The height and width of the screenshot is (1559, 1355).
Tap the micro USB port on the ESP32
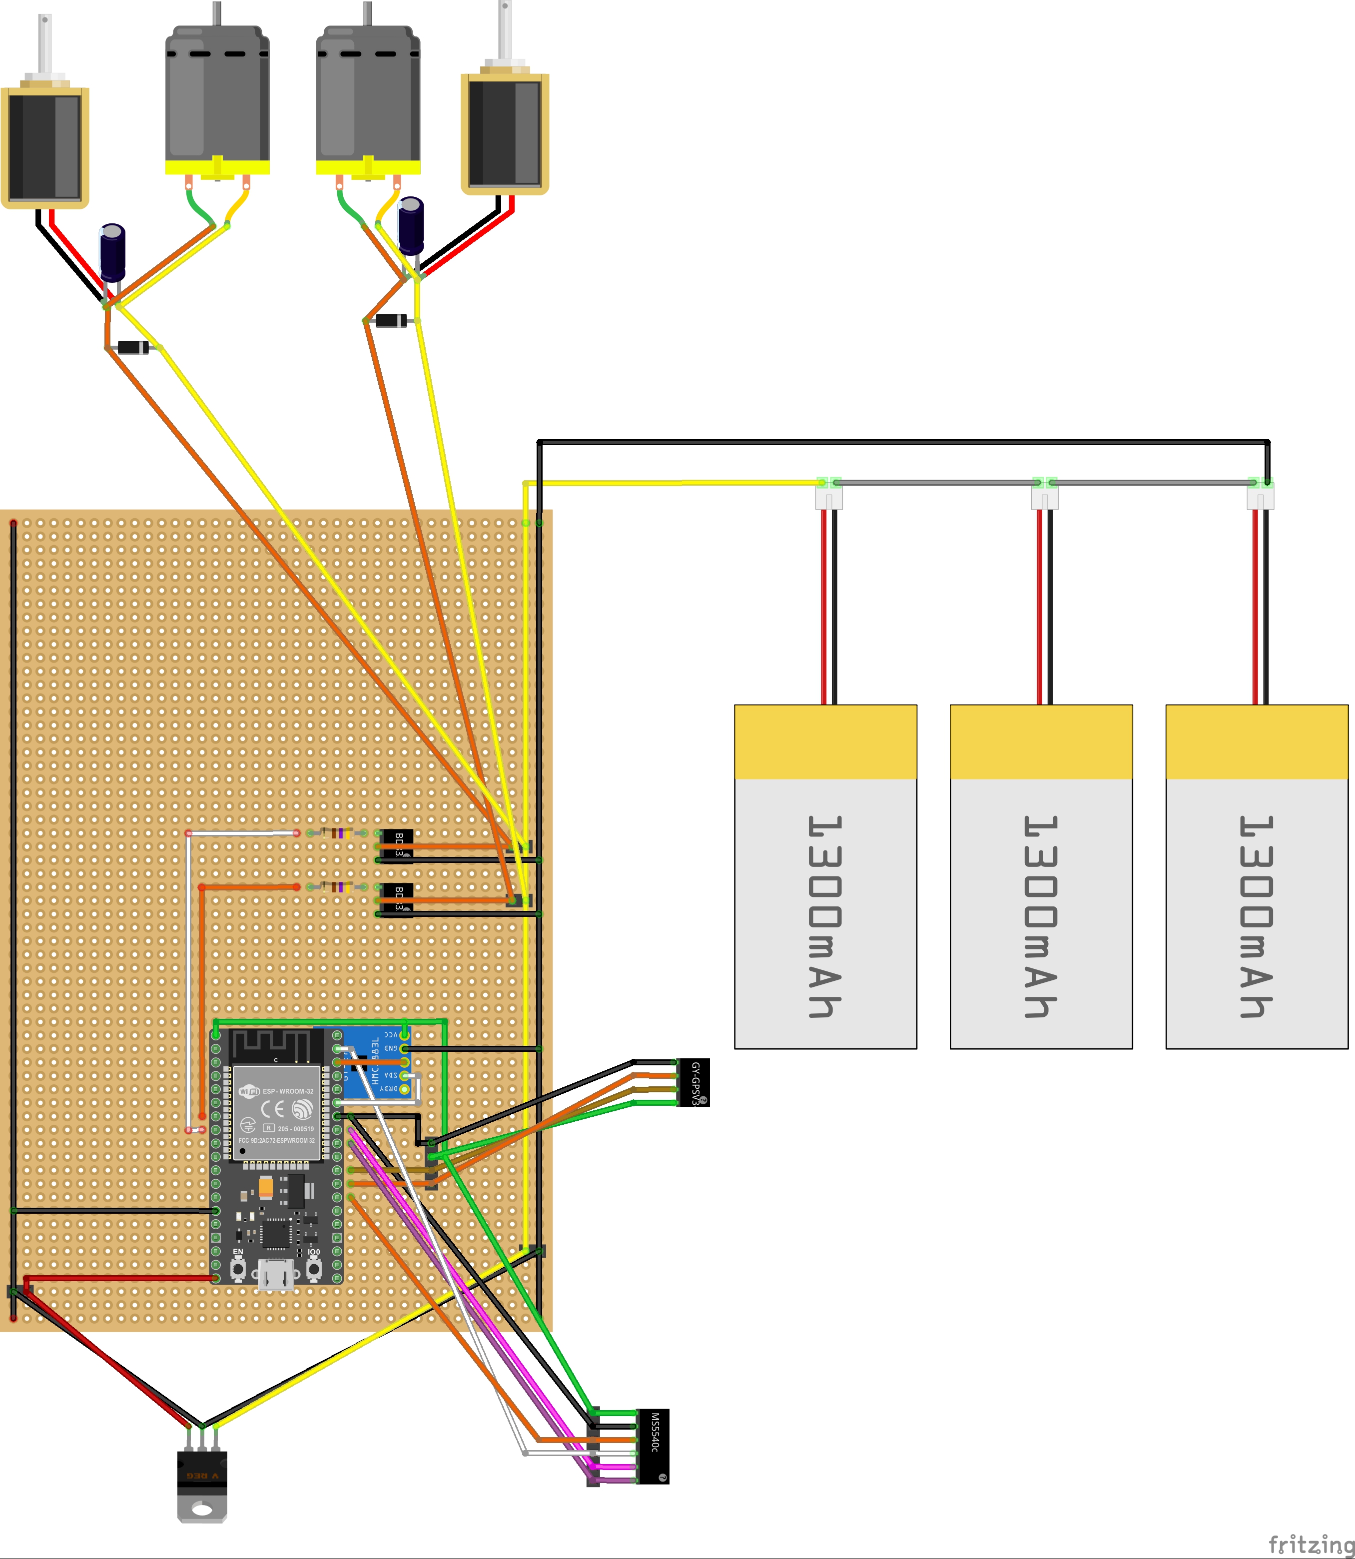(276, 1276)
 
